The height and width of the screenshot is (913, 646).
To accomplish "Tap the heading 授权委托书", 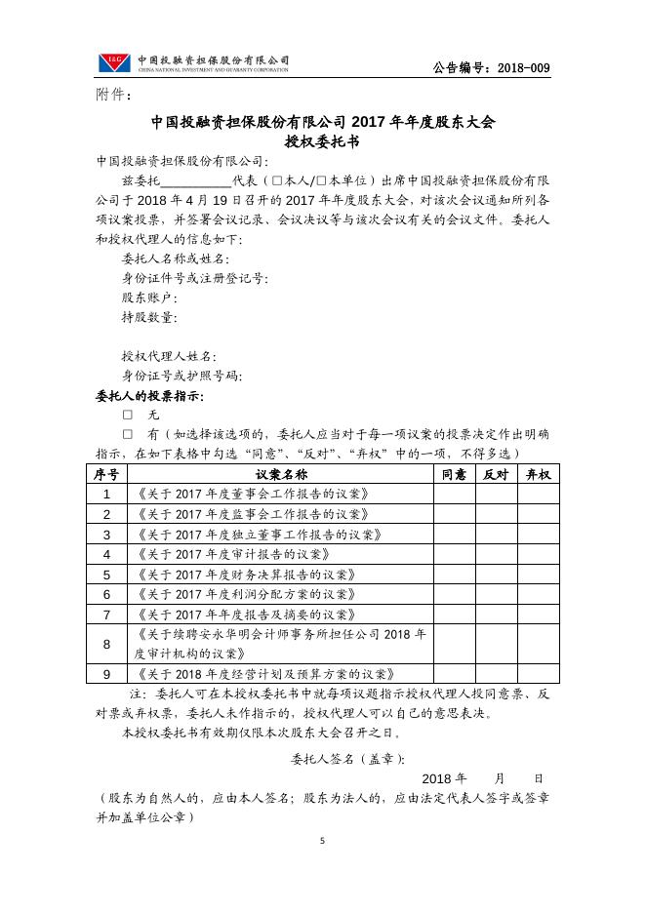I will tap(322, 142).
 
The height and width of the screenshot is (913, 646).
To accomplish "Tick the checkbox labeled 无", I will tap(127, 415).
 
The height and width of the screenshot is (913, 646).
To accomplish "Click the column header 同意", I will tap(454, 474).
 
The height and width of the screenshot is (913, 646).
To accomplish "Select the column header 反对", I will tap(496, 474).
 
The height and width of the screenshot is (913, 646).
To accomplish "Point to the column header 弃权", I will tap(538, 474).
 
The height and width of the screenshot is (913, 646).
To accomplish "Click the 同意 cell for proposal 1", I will tap(454, 494).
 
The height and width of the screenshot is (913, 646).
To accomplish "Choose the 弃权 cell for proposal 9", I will tap(538, 674).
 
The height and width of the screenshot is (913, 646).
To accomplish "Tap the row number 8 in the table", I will tap(106, 644).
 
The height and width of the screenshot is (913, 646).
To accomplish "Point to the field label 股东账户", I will tap(149, 298).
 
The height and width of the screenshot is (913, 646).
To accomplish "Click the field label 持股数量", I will tap(149, 317).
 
